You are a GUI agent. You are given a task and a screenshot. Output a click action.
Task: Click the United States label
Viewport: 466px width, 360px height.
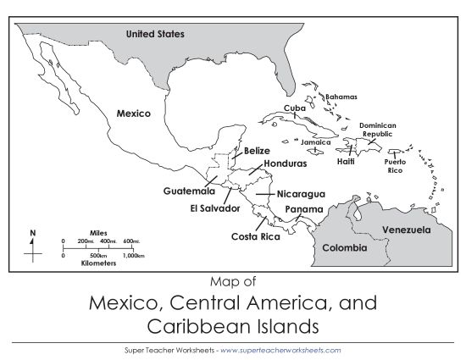[x=155, y=35]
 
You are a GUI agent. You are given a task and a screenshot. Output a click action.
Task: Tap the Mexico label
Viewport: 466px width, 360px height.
[x=133, y=113]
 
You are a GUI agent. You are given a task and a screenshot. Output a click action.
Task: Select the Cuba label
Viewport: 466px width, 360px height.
[x=295, y=108]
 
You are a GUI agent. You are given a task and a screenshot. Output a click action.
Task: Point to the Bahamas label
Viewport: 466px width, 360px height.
[x=341, y=97]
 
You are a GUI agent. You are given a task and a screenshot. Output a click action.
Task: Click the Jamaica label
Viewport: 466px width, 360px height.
[x=316, y=142]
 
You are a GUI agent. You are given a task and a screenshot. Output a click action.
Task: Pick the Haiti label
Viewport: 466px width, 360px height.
[x=346, y=161]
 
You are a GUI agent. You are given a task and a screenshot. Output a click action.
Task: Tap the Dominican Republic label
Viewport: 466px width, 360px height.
[x=377, y=130]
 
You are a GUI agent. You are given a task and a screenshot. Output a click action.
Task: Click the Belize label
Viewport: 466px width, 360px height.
[x=257, y=151]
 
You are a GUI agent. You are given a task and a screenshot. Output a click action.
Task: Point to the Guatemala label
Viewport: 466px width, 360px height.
[x=189, y=191]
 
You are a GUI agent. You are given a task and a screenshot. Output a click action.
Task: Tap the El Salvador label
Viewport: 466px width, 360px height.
[x=215, y=208]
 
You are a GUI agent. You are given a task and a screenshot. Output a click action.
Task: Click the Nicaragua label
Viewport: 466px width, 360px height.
[x=301, y=194]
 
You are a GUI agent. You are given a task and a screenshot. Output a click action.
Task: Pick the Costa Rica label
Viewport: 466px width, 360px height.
[x=256, y=236]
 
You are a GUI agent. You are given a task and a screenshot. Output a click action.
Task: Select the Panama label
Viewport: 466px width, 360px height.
[x=303, y=209]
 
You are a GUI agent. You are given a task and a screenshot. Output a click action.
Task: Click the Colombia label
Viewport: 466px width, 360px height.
[x=344, y=248]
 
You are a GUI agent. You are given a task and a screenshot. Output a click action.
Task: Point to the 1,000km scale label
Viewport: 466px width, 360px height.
[x=132, y=255]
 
